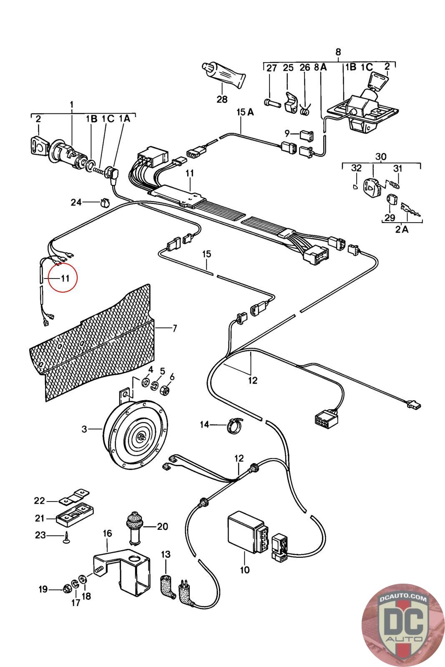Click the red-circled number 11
pos(65,278)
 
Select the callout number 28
pos(222,99)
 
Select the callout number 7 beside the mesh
pos(174,328)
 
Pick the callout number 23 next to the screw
pos(40,535)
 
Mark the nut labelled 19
pos(66,589)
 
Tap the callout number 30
pos(381,156)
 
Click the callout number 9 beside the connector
pos(287,133)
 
